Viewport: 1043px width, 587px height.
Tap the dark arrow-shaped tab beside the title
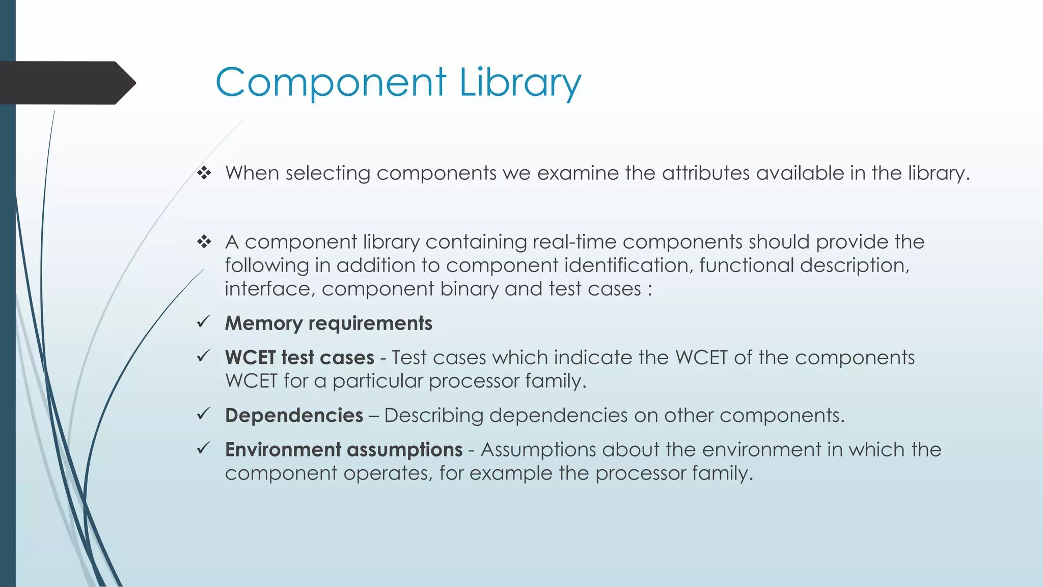[x=66, y=83]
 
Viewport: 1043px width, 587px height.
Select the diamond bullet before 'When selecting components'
[x=204, y=173]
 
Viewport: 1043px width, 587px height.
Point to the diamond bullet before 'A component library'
[x=204, y=242]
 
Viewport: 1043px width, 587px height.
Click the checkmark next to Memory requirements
[x=204, y=322]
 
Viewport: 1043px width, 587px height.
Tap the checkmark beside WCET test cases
[x=204, y=356]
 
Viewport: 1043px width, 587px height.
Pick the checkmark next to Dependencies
[x=204, y=414]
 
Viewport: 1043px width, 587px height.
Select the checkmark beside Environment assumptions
[x=204, y=448]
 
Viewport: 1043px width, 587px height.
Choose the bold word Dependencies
[x=294, y=415]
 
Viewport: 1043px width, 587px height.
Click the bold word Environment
[x=283, y=449]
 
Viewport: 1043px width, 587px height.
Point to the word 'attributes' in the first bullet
[x=706, y=173]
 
